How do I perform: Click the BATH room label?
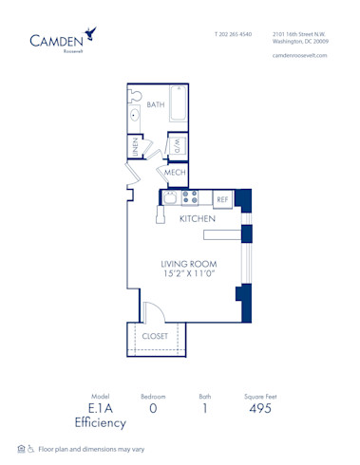[x=156, y=104]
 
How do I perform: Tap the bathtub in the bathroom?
[x=178, y=104]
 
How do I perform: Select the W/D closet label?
[x=177, y=146]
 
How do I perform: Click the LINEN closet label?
[x=136, y=146]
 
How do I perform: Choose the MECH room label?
[x=175, y=173]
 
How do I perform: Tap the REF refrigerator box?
[x=222, y=199]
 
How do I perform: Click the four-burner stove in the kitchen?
[x=190, y=198]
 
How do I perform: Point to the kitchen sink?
[x=170, y=198]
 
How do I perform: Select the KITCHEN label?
[x=198, y=219]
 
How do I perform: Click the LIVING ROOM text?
[x=188, y=264]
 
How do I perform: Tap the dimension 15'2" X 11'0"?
[x=188, y=274]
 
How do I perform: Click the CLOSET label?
[x=156, y=336]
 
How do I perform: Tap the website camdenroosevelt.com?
[x=299, y=55]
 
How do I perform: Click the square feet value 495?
[x=259, y=409]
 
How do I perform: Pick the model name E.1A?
[x=100, y=409]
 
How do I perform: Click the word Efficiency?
[x=100, y=423]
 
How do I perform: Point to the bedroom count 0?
[x=153, y=409]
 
